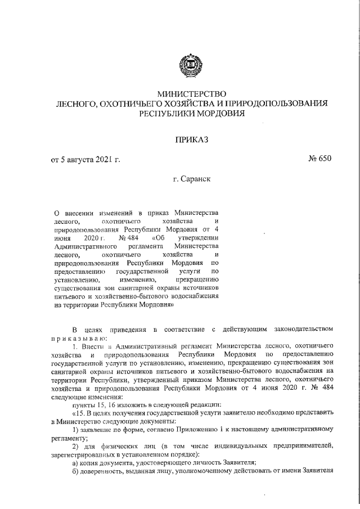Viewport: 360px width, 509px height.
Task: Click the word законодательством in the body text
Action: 307,328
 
